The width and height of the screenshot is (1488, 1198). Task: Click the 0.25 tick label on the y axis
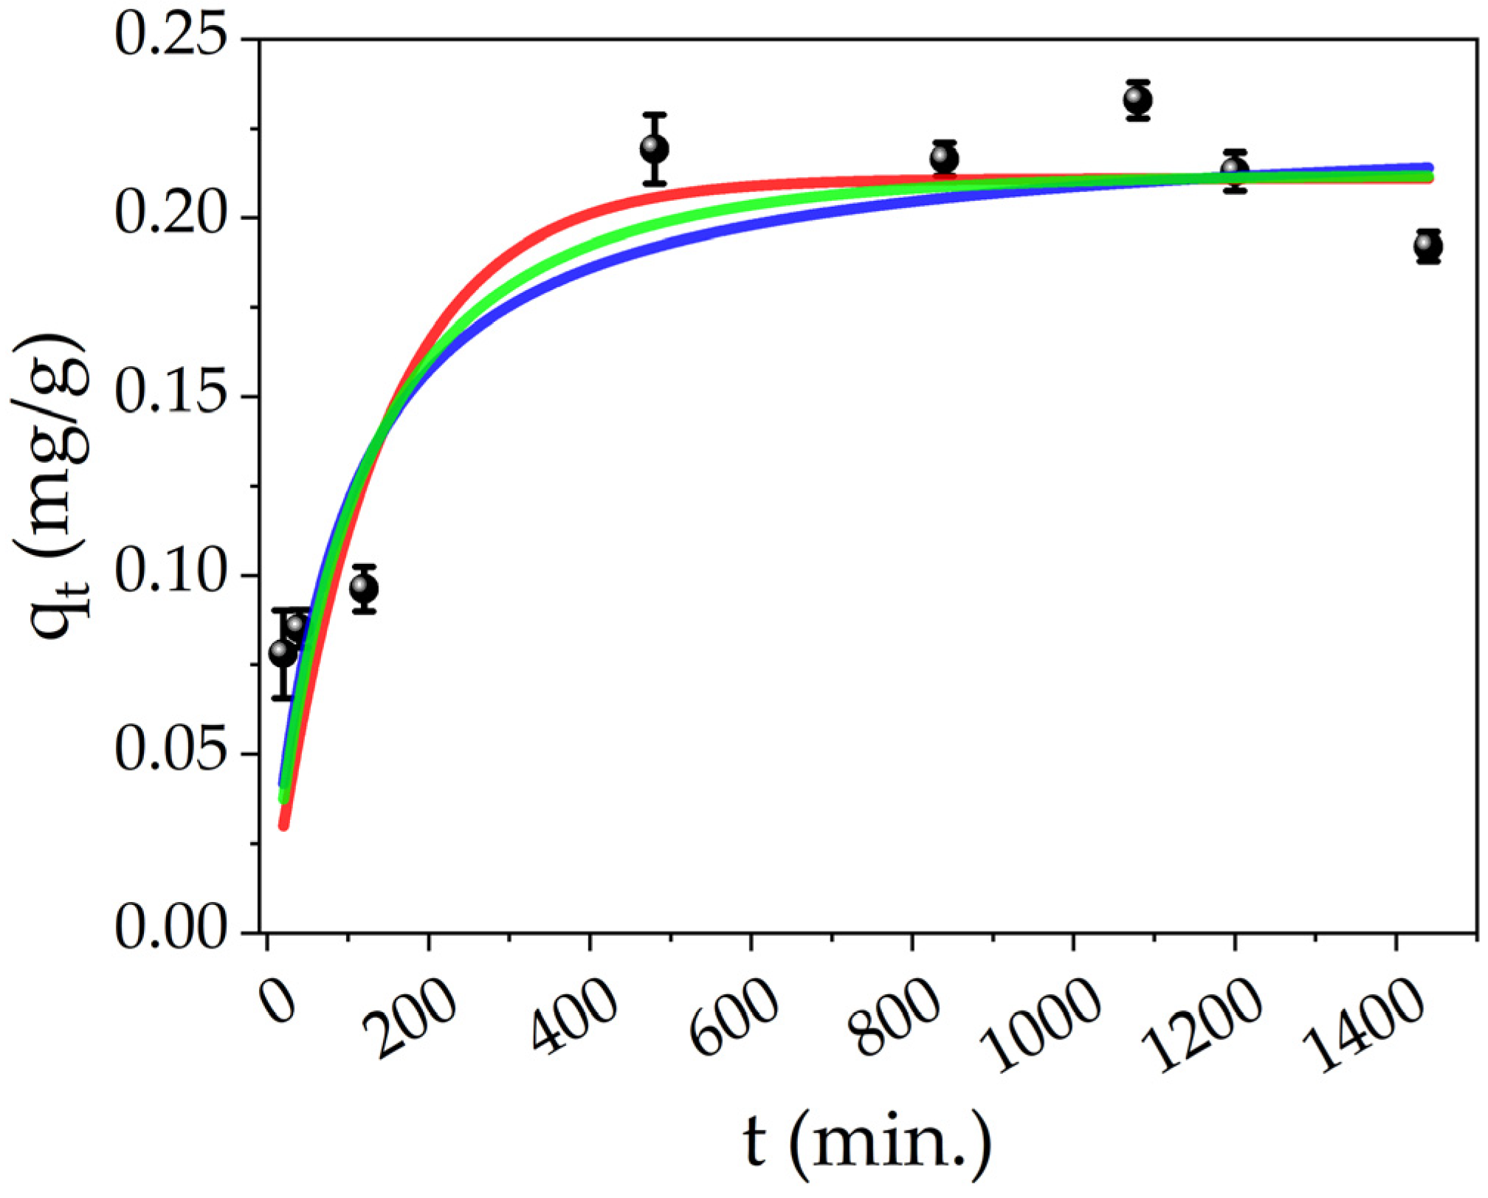point(170,38)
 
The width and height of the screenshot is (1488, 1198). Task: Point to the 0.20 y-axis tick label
point(170,217)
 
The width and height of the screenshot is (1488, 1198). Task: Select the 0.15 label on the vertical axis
point(170,396)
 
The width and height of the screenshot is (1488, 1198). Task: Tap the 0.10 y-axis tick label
point(170,575)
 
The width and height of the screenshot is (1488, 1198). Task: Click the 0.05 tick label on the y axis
point(170,754)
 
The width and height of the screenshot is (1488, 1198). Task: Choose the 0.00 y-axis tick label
point(170,932)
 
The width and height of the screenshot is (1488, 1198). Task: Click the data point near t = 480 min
point(655,149)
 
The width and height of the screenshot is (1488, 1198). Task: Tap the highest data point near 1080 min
point(1138,100)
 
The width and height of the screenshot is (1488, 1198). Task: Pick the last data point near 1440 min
point(1428,246)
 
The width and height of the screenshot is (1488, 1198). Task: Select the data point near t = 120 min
point(365,588)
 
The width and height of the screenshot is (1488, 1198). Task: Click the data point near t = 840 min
point(945,159)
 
